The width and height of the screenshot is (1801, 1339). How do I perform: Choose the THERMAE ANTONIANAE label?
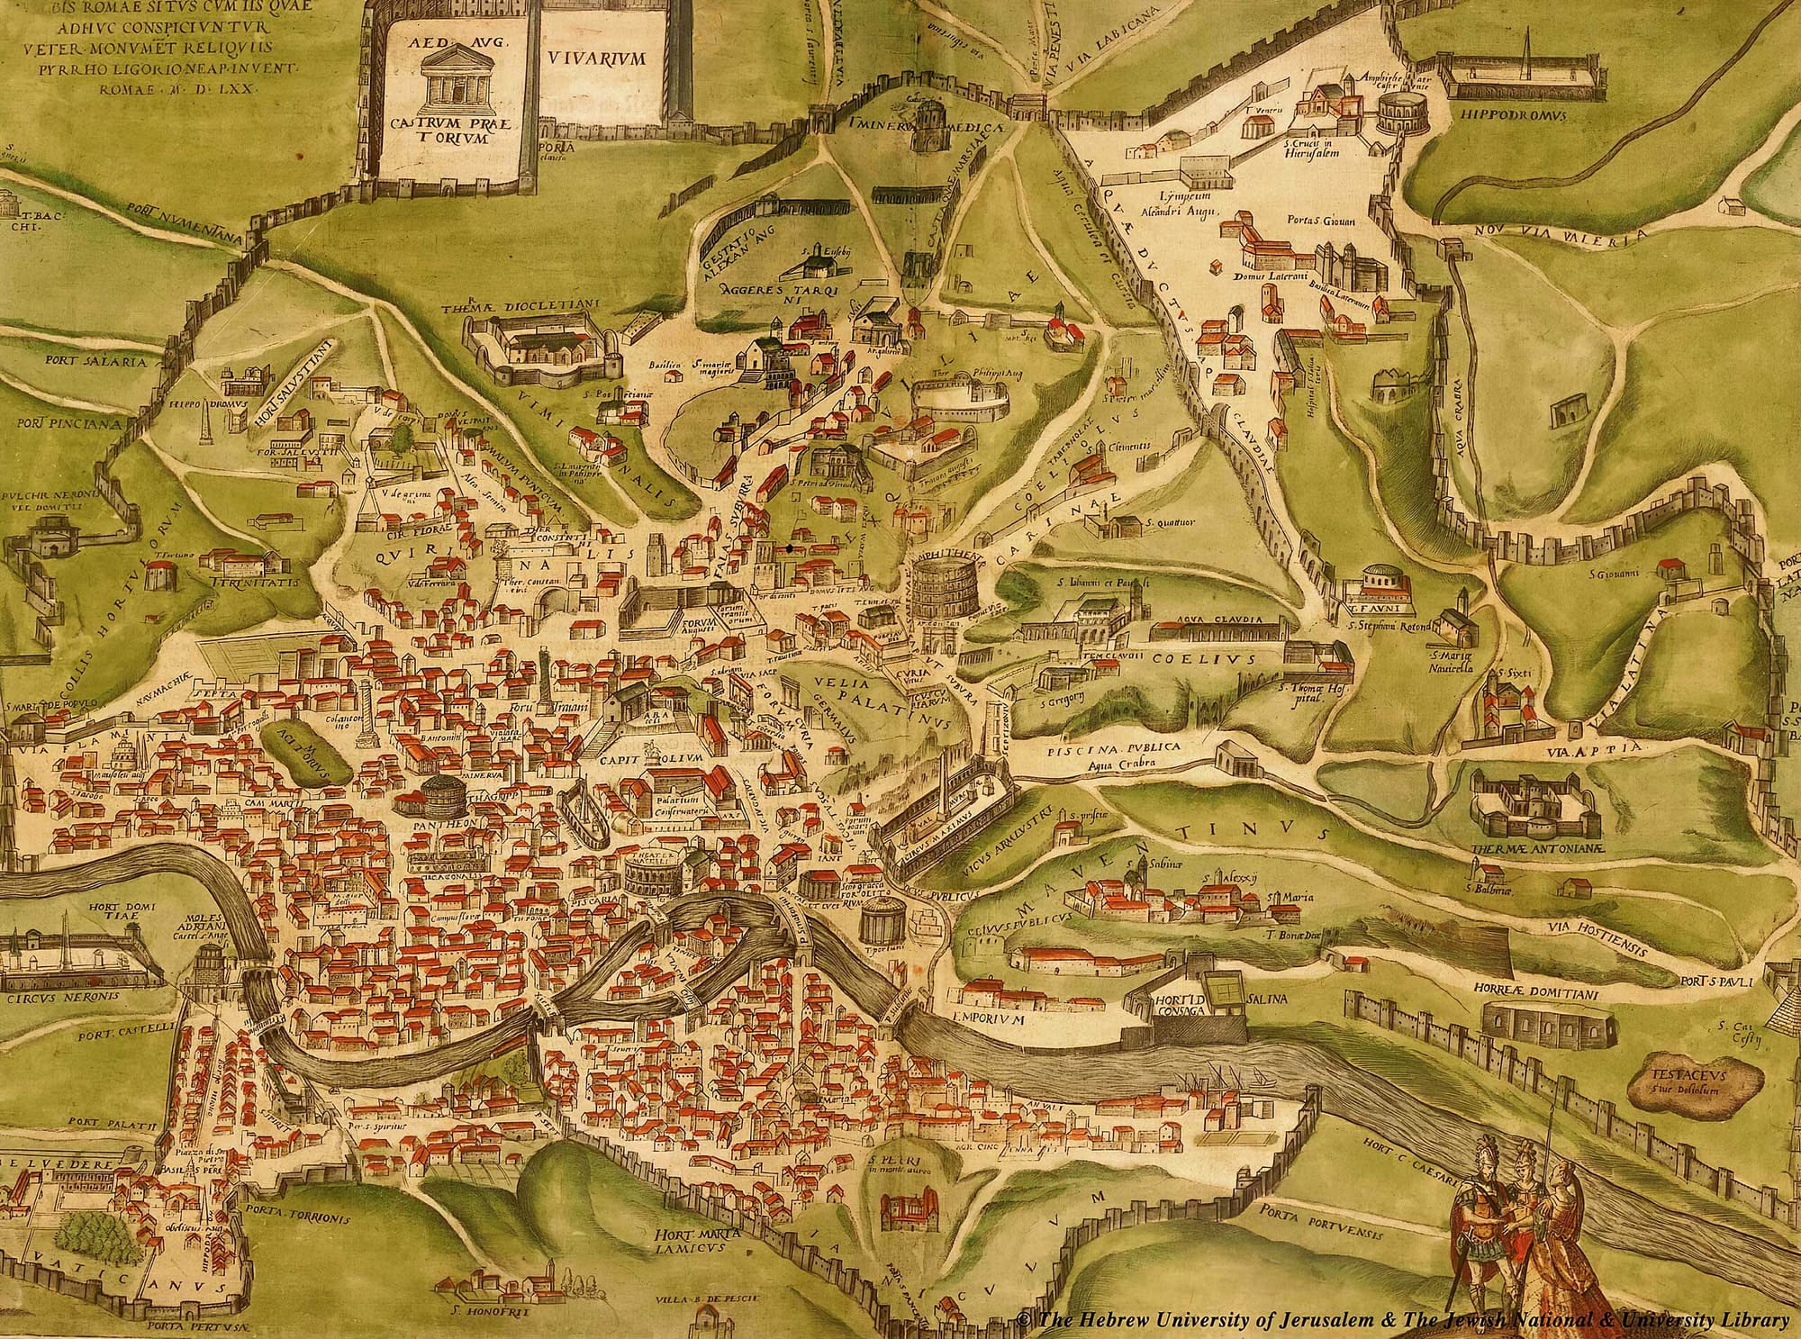[x=1522, y=850]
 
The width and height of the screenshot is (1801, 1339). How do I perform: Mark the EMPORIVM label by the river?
[x=989, y=1021]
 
